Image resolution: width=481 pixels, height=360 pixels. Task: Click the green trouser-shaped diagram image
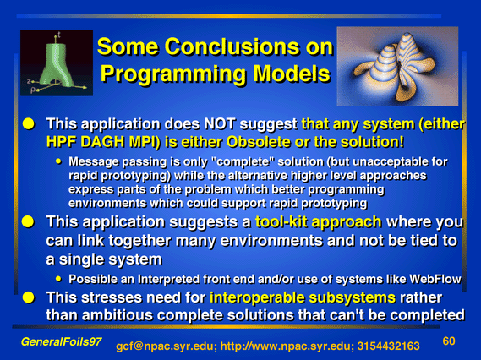pyautogui.click(x=57, y=63)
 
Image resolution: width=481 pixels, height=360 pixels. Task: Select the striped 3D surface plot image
pyautogui.click(x=397, y=66)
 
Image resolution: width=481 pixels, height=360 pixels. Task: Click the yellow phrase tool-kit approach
pyautogui.click(x=318, y=222)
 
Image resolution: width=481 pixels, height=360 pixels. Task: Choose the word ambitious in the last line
pyautogui.click(x=131, y=315)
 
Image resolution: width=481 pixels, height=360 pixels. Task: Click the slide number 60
pyautogui.click(x=449, y=341)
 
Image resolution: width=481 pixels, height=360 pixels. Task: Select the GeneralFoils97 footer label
pyautogui.click(x=62, y=341)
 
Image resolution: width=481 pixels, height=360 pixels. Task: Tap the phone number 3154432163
pyautogui.click(x=388, y=346)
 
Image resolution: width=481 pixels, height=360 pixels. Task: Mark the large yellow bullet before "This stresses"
pyautogui.click(x=28, y=297)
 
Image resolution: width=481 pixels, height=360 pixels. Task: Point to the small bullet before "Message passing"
pyautogui.click(x=58, y=161)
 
